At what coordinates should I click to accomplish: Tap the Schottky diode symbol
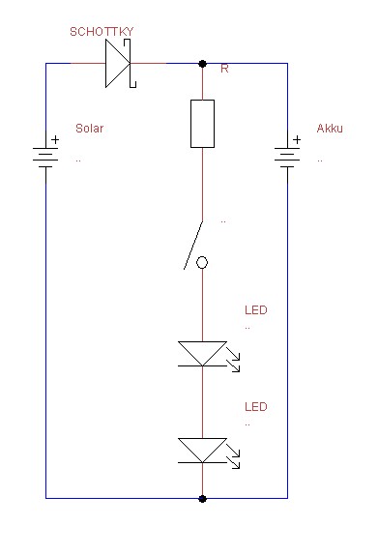pos(118,64)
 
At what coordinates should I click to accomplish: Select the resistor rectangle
pos(202,123)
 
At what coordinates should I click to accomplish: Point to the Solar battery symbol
pos(45,156)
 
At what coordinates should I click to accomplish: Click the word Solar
pos(89,129)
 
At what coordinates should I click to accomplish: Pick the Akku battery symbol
pos(287,156)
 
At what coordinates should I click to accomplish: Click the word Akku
pos(331,129)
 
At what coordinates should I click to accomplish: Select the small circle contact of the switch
pos(202,263)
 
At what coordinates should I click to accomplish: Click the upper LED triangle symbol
pos(202,352)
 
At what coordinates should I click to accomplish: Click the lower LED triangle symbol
pos(202,449)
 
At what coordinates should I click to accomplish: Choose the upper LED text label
pos(256,311)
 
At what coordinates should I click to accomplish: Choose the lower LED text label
pos(256,407)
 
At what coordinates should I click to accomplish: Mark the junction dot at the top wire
pos(202,64)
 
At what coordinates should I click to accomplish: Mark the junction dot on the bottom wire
pos(202,499)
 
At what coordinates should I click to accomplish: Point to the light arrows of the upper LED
pos(234,365)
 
